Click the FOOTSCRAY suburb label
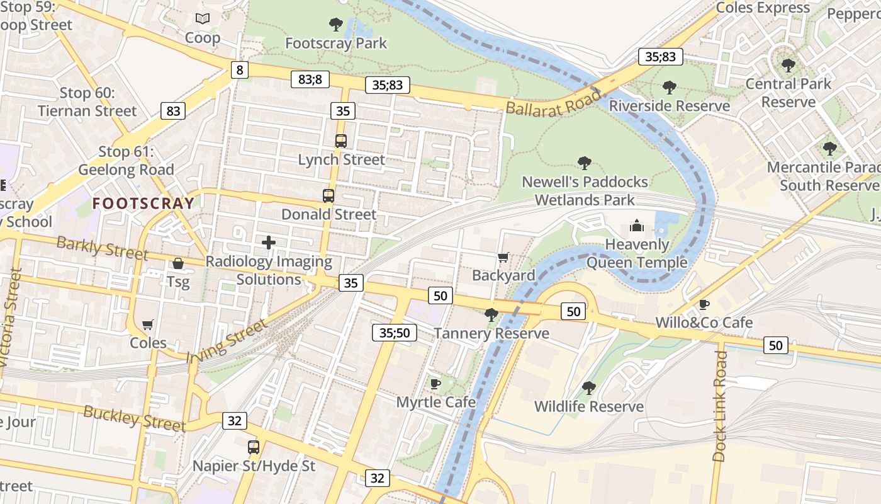[143, 203]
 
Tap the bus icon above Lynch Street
[341, 141]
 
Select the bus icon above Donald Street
[328, 195]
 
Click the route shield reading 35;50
[395, 333]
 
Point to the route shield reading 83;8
[310, 79]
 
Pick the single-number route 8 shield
[238, 69]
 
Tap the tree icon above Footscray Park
[336, 25]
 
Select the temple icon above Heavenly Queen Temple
[637, 226]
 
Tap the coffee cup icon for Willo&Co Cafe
[704, 305]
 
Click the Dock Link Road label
[721, 406]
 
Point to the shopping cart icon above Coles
[148, 325]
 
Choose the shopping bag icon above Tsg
[178, 263]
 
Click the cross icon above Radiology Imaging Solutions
[269, 243]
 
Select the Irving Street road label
[227, 341]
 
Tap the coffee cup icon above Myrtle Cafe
[435, 384]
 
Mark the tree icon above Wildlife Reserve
[589, 388]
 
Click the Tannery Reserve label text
[491, 333]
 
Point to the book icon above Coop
[202, 19]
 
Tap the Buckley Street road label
[135, 418]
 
